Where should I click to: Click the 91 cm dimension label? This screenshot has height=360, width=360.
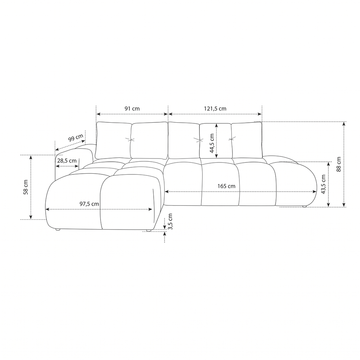[132, 109]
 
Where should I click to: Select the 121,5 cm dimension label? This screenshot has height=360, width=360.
[215, 109]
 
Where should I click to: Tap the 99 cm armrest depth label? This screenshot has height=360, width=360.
[76, 138]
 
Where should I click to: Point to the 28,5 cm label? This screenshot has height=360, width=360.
[67, 161]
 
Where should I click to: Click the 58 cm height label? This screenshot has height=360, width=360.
[26, 187]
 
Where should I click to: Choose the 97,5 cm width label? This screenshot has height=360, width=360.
[89, 204]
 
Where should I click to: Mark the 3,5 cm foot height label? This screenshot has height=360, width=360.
[170, 221]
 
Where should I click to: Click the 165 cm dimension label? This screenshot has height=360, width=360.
[226, 186]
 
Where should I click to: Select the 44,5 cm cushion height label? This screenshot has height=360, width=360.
[212, 143]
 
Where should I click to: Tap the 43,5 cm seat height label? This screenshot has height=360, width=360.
[323, 184]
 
